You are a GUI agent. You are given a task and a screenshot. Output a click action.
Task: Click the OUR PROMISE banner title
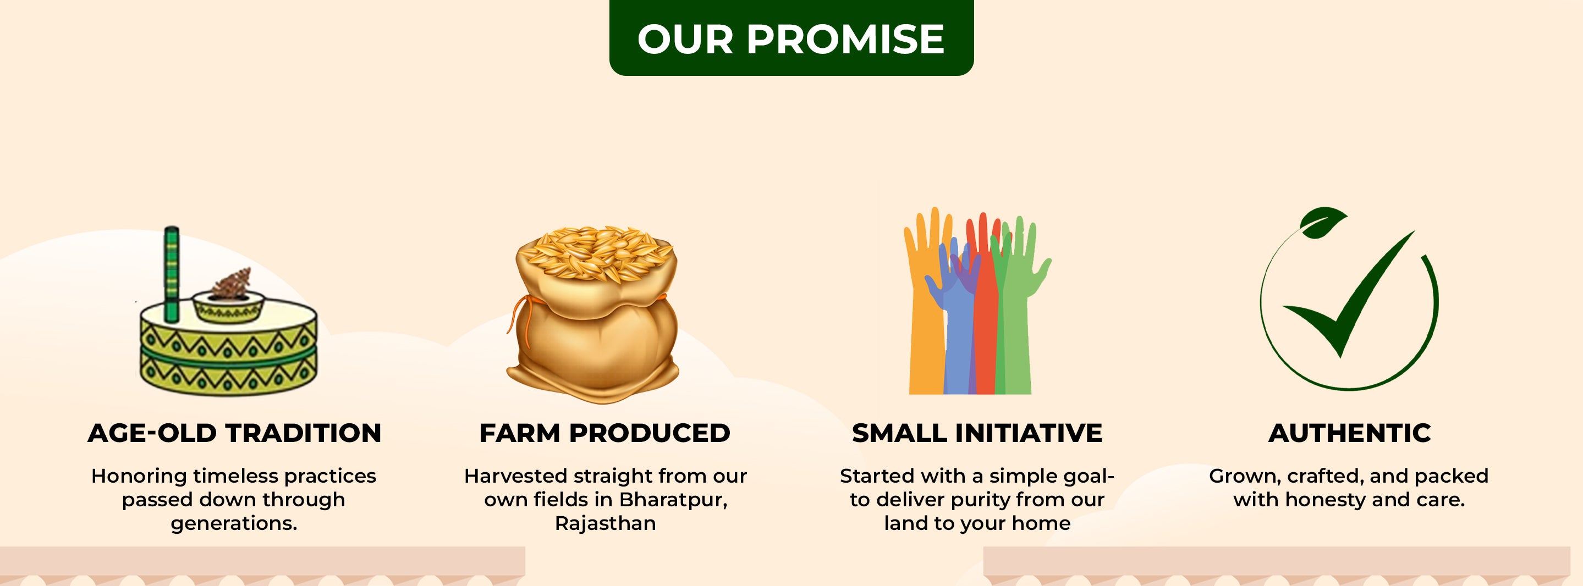click(x=791, y=38)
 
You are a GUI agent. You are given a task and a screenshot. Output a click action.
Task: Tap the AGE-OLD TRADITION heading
click(x=234, y=433)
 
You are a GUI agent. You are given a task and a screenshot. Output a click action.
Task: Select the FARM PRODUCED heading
click(x=604, y=433)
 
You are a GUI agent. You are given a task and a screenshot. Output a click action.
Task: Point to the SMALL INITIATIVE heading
click(x=977, y=433)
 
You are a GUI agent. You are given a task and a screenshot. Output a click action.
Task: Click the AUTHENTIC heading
click(x=1349, y=433)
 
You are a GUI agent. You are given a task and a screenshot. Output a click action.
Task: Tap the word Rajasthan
click(x=605, y=523)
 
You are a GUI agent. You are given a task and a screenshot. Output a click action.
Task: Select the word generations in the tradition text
click(x=234, y=524)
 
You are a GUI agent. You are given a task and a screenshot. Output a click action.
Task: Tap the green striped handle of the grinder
click(x=172, y=274)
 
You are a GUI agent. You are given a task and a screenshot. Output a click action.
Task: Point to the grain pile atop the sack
click(x=595, y=252)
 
